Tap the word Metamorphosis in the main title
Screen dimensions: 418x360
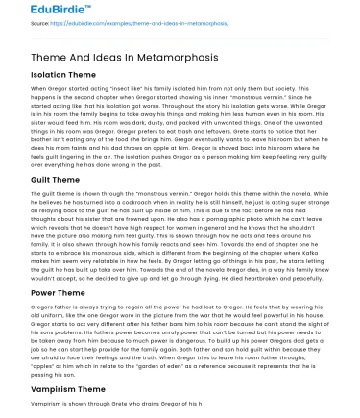pyautogui.click(x=158, y=60)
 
